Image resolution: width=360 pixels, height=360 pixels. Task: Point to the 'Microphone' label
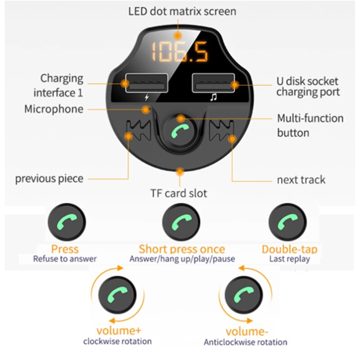tap(54, 109)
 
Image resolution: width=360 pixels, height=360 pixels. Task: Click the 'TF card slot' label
tap(179, 193)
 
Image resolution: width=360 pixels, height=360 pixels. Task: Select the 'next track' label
tap(301, 180)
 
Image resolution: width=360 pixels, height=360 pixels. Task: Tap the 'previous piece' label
tap(49, 179)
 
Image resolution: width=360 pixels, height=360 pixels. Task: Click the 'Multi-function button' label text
tap(310, 126)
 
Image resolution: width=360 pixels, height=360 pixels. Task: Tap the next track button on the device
tap(224, 130)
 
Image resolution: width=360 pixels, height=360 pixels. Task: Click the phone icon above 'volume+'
tap(117, 296)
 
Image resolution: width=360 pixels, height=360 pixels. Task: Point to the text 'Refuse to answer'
tap(65, 259)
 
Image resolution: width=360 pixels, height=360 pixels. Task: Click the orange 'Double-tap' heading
tap(289, 249)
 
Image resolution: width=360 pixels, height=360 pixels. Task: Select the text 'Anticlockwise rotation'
tap(245, 342)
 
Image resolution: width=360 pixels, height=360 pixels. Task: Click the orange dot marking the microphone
tap(145, 109)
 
